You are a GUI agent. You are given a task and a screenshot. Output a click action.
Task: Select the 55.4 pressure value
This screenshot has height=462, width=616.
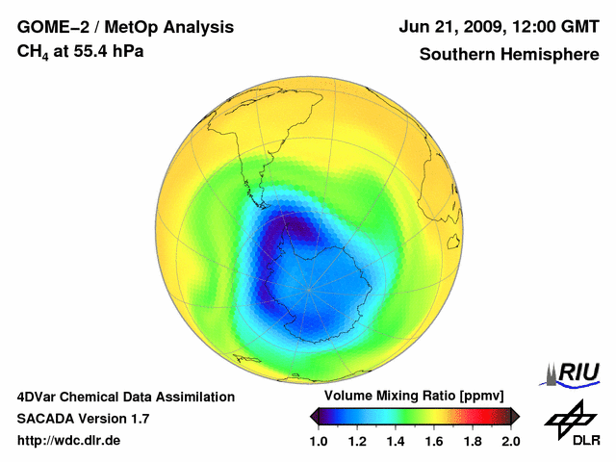(x=92, y=50)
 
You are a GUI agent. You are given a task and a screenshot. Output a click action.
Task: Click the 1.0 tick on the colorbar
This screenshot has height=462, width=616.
(x=319, y=441)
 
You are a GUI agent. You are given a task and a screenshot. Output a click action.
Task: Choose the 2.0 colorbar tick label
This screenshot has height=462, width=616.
(x=511, y=441)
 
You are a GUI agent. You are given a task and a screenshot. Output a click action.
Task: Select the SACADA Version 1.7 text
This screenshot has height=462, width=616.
(x=83, y=419)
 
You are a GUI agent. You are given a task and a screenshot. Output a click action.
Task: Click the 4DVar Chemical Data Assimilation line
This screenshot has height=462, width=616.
(x=125, y=397)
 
